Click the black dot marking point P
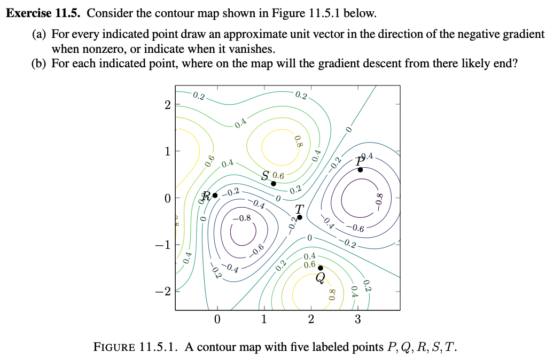(360, 170)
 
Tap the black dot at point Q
(320, 268)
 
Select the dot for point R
(215, 195)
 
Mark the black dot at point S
(274, 183)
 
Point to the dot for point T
(300, 217)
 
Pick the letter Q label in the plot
(320, 278)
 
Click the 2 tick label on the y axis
(167, 105)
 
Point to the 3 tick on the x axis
(358, 320)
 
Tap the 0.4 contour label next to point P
(371, 157)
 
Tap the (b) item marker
(39, 64)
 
